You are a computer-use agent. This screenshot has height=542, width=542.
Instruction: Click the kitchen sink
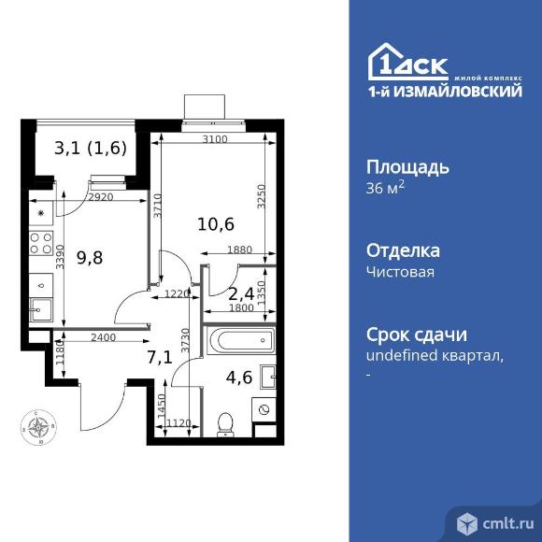pos(40,307)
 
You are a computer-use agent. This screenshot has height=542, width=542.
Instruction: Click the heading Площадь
pos(406,168)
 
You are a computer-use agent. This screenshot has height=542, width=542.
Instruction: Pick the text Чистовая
pos(400,272)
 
